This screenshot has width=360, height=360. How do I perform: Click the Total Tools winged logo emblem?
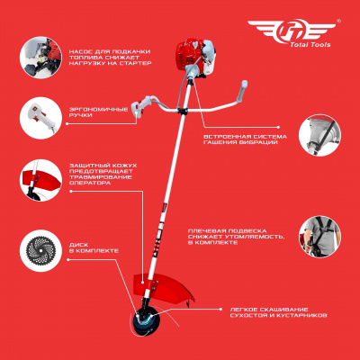click(292, 30)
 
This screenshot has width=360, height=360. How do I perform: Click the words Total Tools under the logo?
click(310, 45)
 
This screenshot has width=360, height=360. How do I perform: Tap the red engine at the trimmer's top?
click(194, 58)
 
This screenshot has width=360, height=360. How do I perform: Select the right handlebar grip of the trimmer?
click(242, 91)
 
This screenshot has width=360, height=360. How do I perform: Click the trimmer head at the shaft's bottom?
click(145, 321)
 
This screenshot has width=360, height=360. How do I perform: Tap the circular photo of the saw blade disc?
click(40, 250)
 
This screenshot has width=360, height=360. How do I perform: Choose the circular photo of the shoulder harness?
click(319, 236)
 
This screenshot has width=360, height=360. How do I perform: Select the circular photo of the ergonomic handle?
click(40, 118)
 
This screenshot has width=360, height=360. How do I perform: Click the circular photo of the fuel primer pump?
click(40, 58)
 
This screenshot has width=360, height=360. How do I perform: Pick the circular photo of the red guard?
click(40, 180)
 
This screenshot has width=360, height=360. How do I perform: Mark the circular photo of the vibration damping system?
click(319, 135)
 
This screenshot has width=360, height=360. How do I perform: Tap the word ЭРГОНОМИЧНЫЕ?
click(98, 110)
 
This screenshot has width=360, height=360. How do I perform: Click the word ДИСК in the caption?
click(78, 245)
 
